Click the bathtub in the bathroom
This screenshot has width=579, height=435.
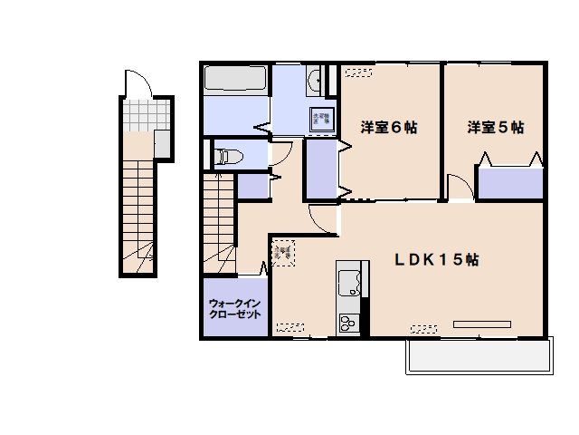235,79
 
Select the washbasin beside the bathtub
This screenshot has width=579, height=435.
314,82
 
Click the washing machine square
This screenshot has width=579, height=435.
321,119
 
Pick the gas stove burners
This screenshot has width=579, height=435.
347,323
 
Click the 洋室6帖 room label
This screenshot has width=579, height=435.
389,128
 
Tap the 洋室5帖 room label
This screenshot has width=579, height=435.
496,128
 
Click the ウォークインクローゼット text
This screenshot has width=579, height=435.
235,309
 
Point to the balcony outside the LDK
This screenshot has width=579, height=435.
478,356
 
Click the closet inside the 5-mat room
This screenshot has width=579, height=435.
510,184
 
